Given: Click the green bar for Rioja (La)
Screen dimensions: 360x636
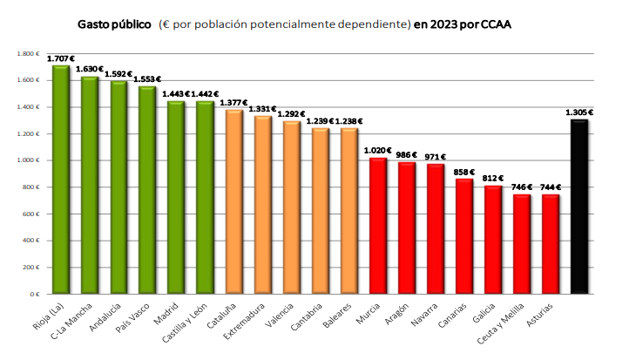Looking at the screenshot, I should (x=61, y=180).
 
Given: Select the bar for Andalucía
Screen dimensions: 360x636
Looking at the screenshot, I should (x=118, y=187).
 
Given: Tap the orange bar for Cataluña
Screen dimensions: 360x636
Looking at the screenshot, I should (x=233, y=201).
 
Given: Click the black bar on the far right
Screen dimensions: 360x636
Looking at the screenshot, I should (x=579, y=207).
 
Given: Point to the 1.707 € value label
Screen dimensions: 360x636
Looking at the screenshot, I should (x=61, y=58).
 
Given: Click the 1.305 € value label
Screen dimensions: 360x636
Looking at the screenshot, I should (x=579, y=112).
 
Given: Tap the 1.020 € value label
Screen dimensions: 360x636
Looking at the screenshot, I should (x=378, y=150).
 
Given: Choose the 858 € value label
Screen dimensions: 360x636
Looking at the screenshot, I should (x=464, y=172).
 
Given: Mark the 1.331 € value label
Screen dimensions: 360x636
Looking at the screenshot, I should (x=262, y=108).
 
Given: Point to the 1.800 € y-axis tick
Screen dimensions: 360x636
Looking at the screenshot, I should (x=28, y=54).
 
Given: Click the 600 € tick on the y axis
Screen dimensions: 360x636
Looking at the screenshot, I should (x=30, y=214).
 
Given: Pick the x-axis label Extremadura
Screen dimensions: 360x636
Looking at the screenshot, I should (x=245, y=323).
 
